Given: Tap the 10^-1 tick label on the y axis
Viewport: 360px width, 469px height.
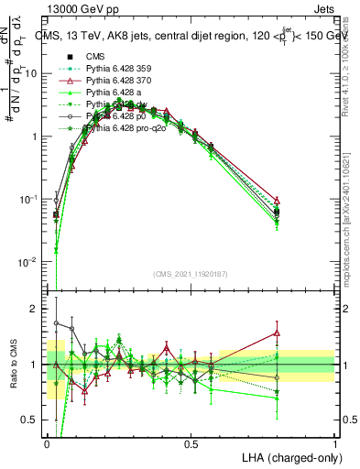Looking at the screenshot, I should click(x=29, y=200).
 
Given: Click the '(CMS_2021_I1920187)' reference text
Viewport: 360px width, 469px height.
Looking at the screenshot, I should click(x=190, y=273).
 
